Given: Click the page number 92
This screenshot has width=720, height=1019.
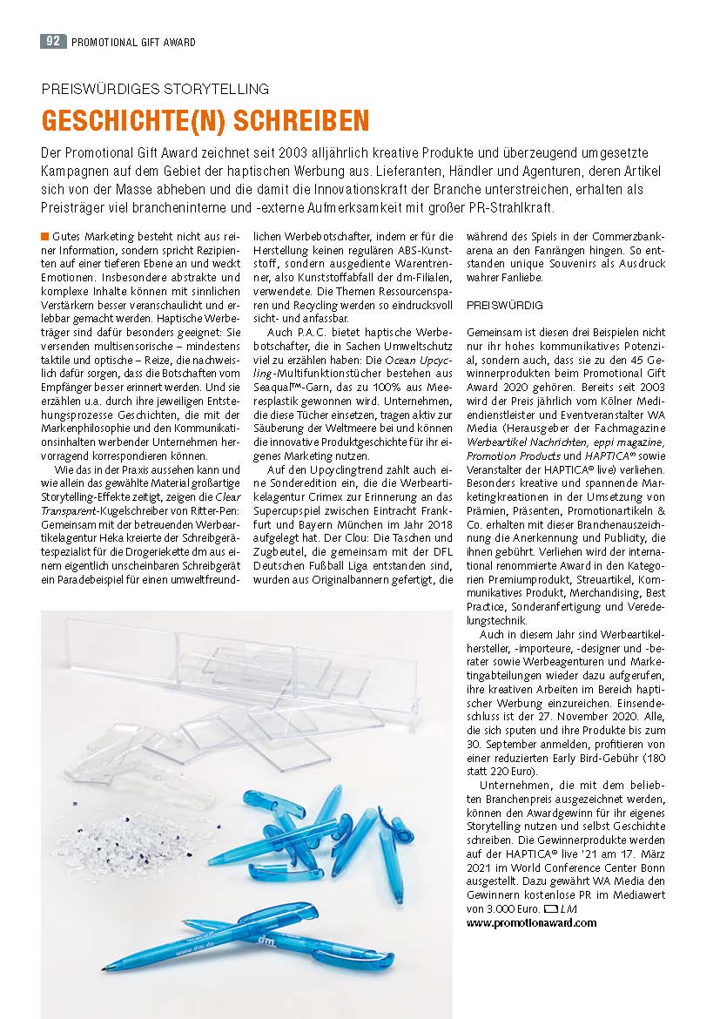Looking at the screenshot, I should click(53, 41).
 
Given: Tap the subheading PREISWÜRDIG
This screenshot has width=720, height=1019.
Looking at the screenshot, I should click(505, 306).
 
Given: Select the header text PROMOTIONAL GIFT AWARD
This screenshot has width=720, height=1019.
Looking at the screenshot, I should click(133, 42).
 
